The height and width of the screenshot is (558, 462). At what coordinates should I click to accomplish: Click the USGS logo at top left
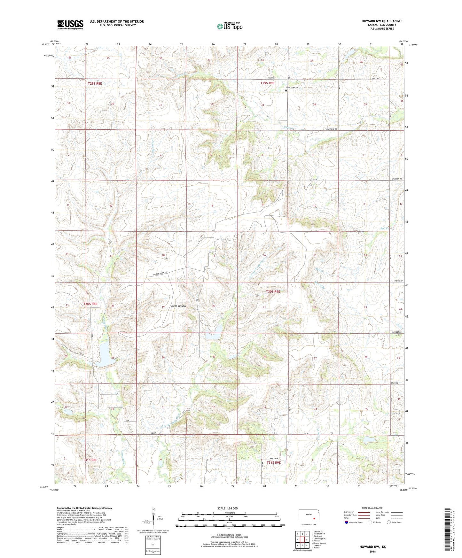[70, 25]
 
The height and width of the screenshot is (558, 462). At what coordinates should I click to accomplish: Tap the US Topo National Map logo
[230, 26]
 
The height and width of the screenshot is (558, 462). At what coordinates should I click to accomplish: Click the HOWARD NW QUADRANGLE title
[382, 21]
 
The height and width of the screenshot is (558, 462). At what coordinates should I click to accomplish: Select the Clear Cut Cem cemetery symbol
[286, 90]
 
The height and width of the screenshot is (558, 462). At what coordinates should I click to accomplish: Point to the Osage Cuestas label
[178, 306]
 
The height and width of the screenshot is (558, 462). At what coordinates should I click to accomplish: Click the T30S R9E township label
[273, 291]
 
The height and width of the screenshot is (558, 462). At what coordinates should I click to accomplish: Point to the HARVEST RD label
[396, 332]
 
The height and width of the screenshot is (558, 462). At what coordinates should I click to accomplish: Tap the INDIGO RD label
[397, 281]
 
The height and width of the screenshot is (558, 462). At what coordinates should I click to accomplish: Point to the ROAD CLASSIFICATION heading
[372, 508]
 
